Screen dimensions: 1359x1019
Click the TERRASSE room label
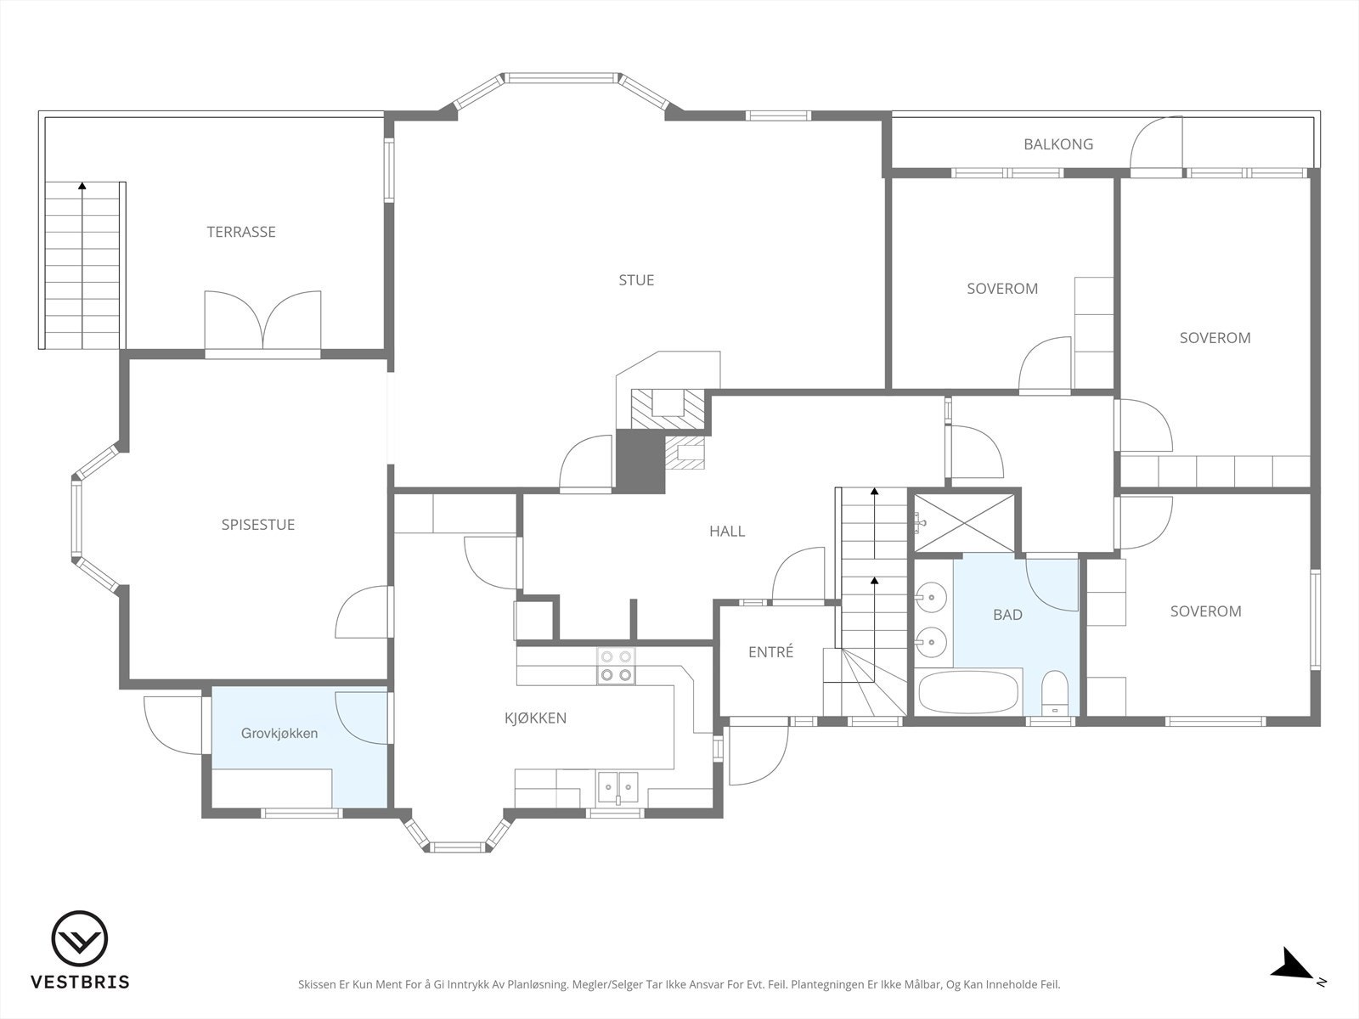(241, 232)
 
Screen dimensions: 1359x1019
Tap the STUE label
(636, 280)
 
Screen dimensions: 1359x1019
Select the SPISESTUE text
(258, 525)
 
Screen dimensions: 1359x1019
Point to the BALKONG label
(1058, 144)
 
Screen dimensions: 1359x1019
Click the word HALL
(727, 532)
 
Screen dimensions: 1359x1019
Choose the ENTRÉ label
(771, 651)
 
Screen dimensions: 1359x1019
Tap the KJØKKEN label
(536, 718)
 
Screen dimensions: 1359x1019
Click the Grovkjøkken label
(279, 733)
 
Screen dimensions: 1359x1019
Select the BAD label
(1007, 614)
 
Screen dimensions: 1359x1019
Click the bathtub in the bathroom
(967, 692)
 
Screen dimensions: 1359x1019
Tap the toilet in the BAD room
(1054, 693)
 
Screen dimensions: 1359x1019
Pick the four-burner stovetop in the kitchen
(616, 666)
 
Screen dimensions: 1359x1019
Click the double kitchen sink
(617, 786)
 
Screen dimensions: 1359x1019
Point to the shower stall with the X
(964, 523)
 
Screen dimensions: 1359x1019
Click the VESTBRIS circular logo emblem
(79, 939)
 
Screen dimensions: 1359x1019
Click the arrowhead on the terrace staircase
(82, 185)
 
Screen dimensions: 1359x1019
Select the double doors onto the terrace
(263, 322)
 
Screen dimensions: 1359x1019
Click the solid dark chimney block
(640, 461)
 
